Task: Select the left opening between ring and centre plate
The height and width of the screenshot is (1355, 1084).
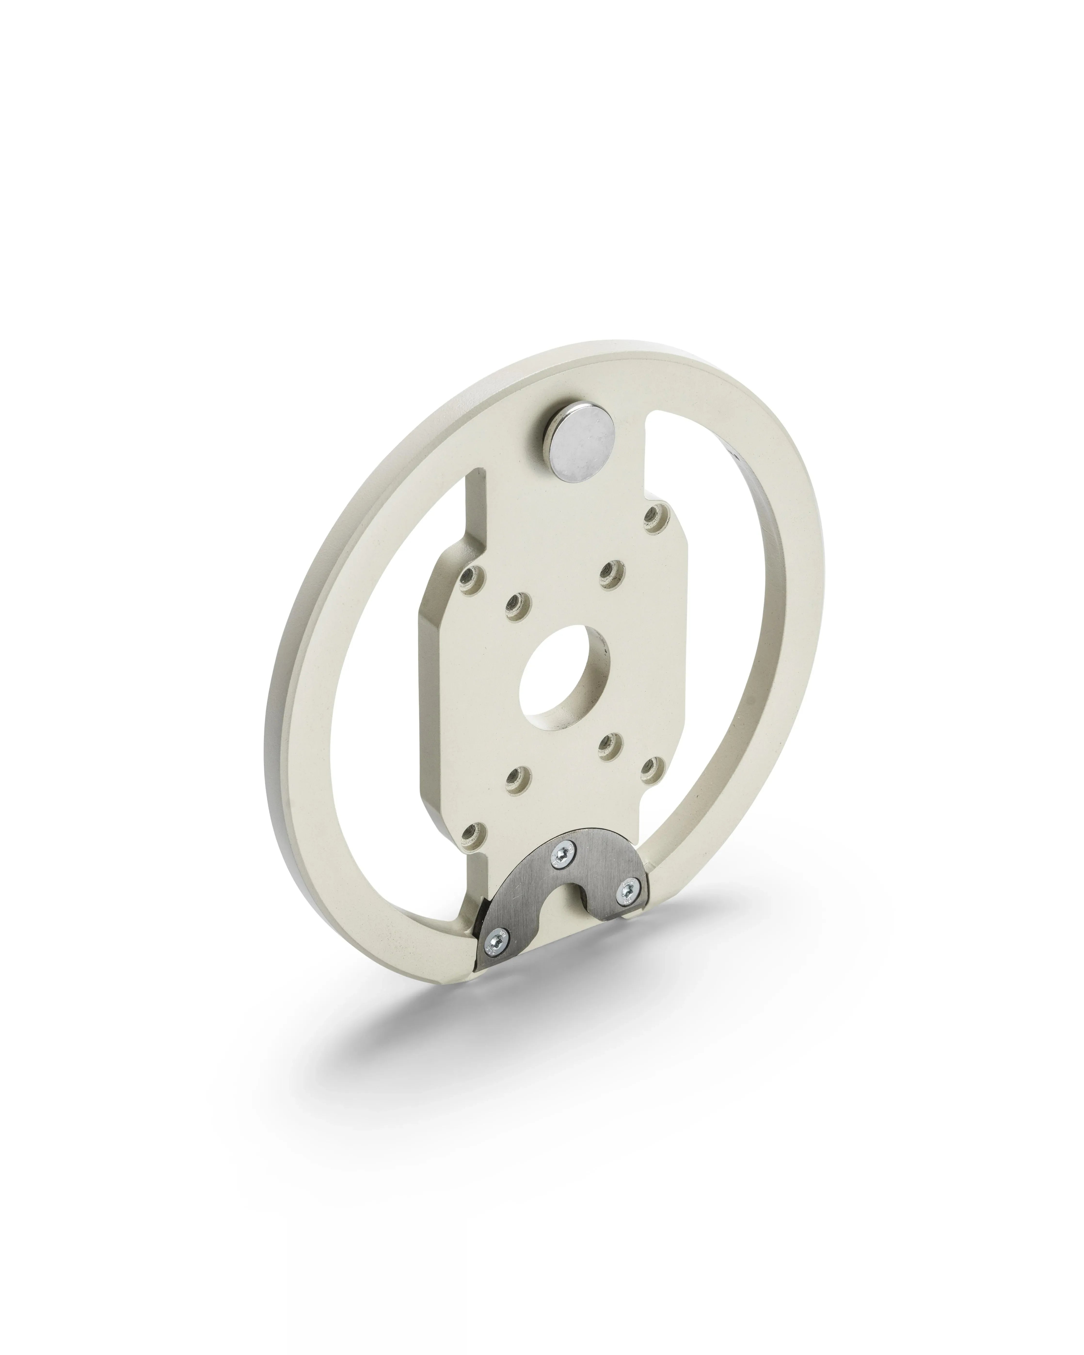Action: click(383, 723)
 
